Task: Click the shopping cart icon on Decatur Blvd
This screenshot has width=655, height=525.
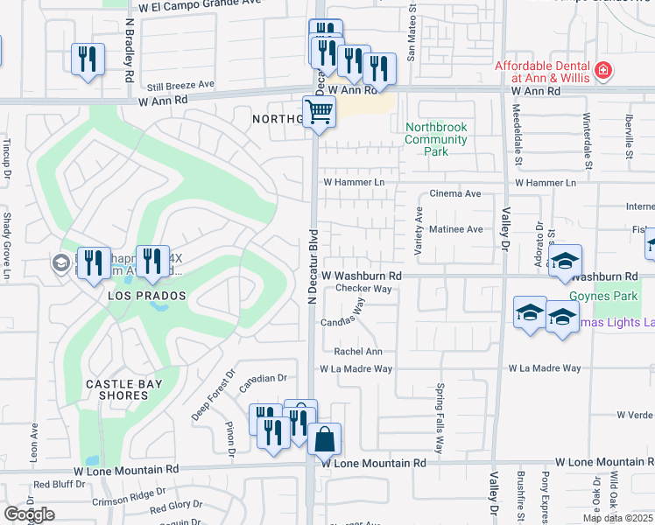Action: (x=320, y=112)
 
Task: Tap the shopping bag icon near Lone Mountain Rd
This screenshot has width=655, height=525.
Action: (x=324, y=437)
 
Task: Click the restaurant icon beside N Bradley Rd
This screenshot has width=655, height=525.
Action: (x=87, y=59)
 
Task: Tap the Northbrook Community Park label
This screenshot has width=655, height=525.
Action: (x=436, y=139)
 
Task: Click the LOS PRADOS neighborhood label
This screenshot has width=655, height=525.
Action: (x=148, y=296)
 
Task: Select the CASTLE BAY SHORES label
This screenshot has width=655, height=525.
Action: (x=117, y=389)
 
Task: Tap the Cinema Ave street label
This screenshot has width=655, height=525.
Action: (x=454, y=193)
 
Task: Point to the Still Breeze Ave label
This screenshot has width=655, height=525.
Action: (x=180, y=85)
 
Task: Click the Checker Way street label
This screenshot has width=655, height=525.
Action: (x=363, y=288)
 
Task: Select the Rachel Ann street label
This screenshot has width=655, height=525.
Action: (x=357, y=351)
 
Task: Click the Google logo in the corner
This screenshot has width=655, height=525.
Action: (x=29, y=514)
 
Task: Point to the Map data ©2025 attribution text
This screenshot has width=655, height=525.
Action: (x=618, y=518)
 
